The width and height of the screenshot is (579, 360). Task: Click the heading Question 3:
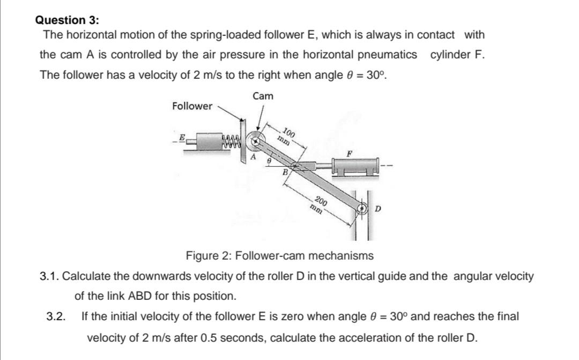pyautogui.click(x=67, y=20)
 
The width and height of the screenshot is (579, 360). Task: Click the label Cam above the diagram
pyautogui.click(x=263, y=96)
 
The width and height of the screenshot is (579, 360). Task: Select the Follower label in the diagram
pyautogui.click(x=192, y=106)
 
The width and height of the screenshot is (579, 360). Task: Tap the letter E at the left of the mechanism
pyautogui.click(x=182, y=138)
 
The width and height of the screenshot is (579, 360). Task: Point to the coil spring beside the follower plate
pyautogui.click(x=232, y=142)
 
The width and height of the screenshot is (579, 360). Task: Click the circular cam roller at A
pyautogui.click(x=256, y=141)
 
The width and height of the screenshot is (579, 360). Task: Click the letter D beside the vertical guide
pyautogui.click(x=378, y=208)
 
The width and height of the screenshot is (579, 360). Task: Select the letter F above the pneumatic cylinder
pyautogui.click(x=349, y=153)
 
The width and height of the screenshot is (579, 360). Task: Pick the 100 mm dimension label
pyautogui.click(x=286, y=137)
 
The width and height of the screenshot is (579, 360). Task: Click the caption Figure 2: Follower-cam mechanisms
pyautogui.click(x=279, y=255)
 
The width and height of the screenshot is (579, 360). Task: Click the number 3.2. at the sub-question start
pyautogui.click(x=55, y=317)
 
